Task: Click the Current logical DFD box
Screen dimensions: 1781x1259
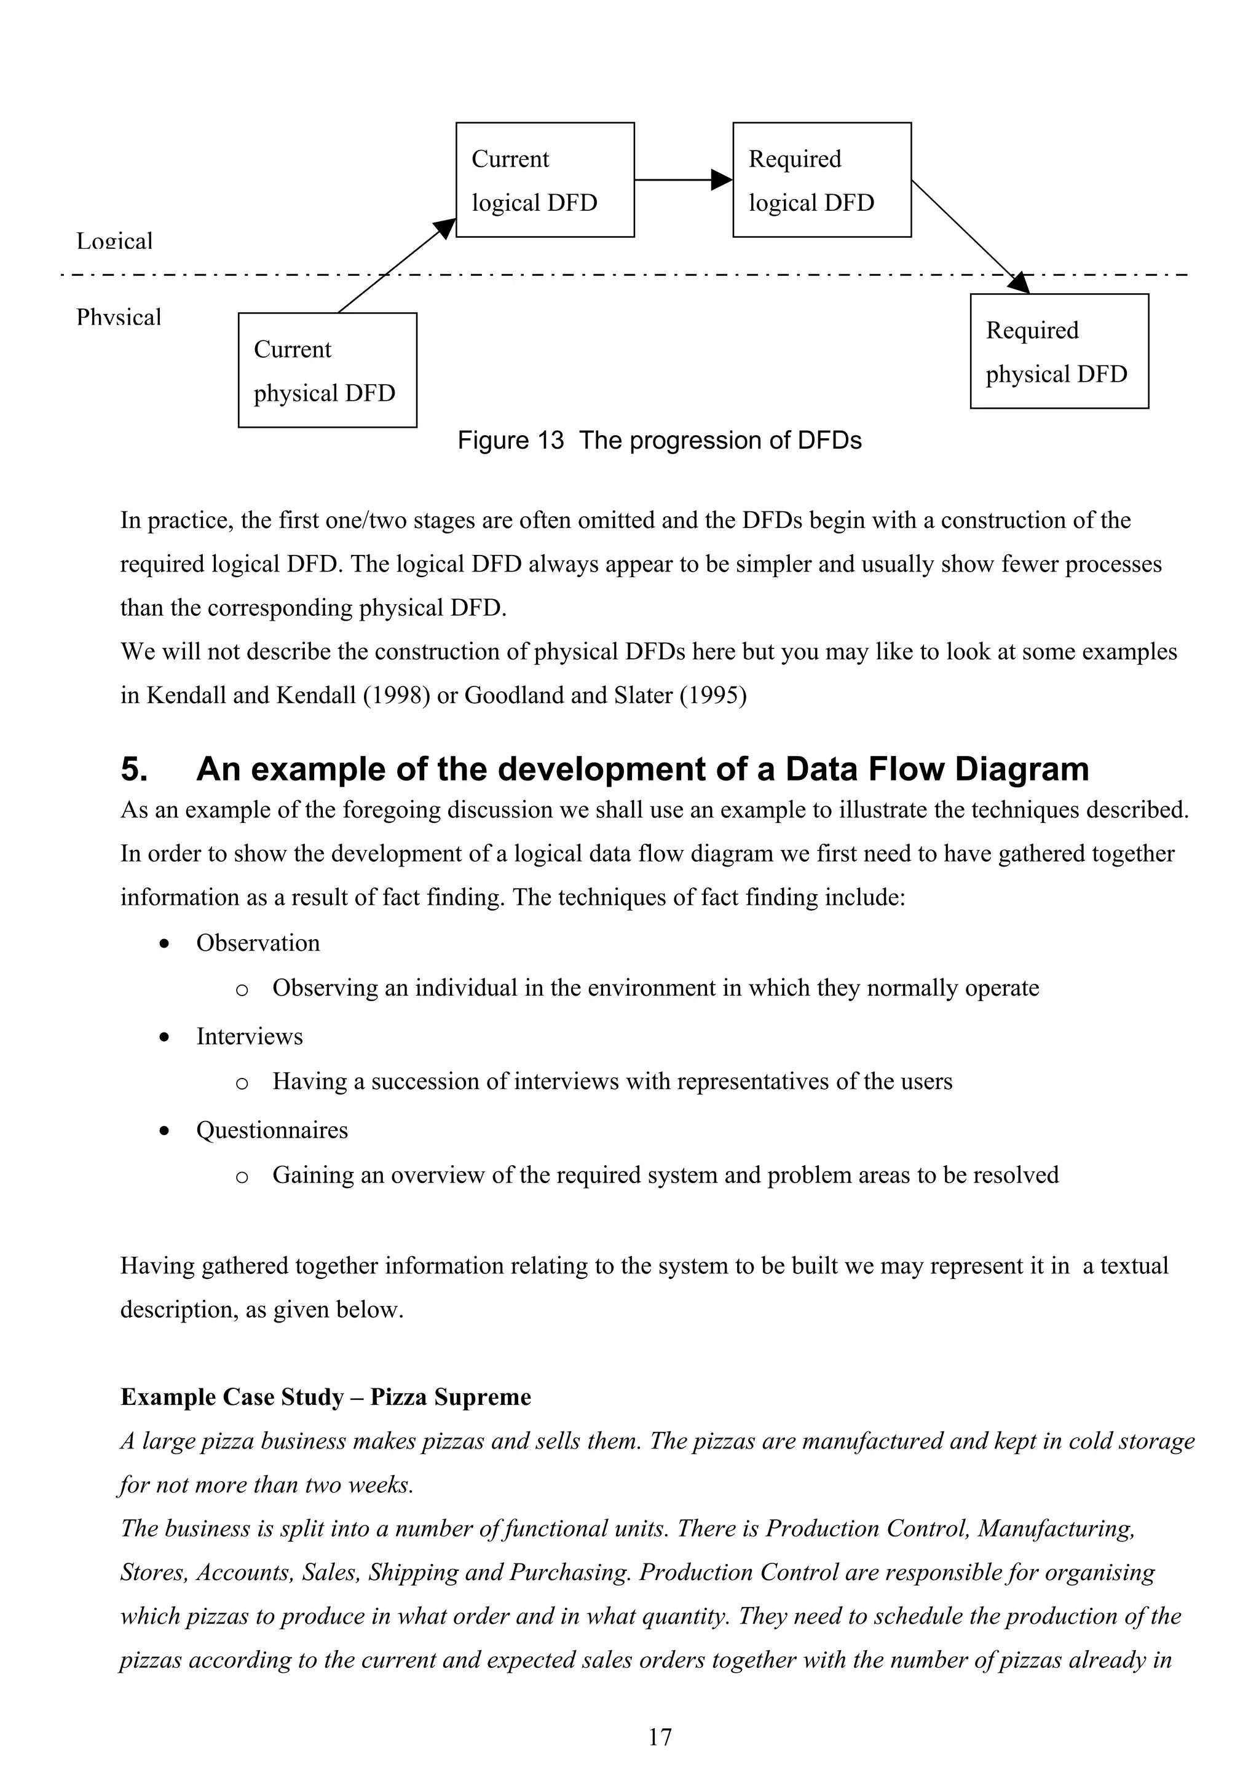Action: point(545,180)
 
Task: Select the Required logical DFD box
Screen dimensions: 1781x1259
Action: point(821,180)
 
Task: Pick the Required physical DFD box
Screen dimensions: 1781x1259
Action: point(1059,352)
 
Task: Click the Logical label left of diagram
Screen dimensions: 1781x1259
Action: point(114,242)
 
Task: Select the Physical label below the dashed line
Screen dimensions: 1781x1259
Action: point(119,317)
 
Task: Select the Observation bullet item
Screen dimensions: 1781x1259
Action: point(258,943)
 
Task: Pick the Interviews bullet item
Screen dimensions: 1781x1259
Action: point(249,1036)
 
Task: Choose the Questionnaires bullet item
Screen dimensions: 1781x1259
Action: point(272,1130)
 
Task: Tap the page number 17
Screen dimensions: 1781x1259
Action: point(660,1737)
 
